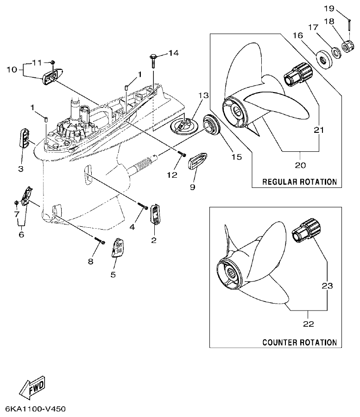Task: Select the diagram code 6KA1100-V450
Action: coord(36,409)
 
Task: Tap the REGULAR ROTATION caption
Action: coord(299,181)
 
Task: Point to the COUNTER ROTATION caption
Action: coord(299,342)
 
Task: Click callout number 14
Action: coord(173,53)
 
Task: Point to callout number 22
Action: coord(308,324)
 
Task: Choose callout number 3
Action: coord(21,169)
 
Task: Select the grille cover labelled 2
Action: coord(155,215)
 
